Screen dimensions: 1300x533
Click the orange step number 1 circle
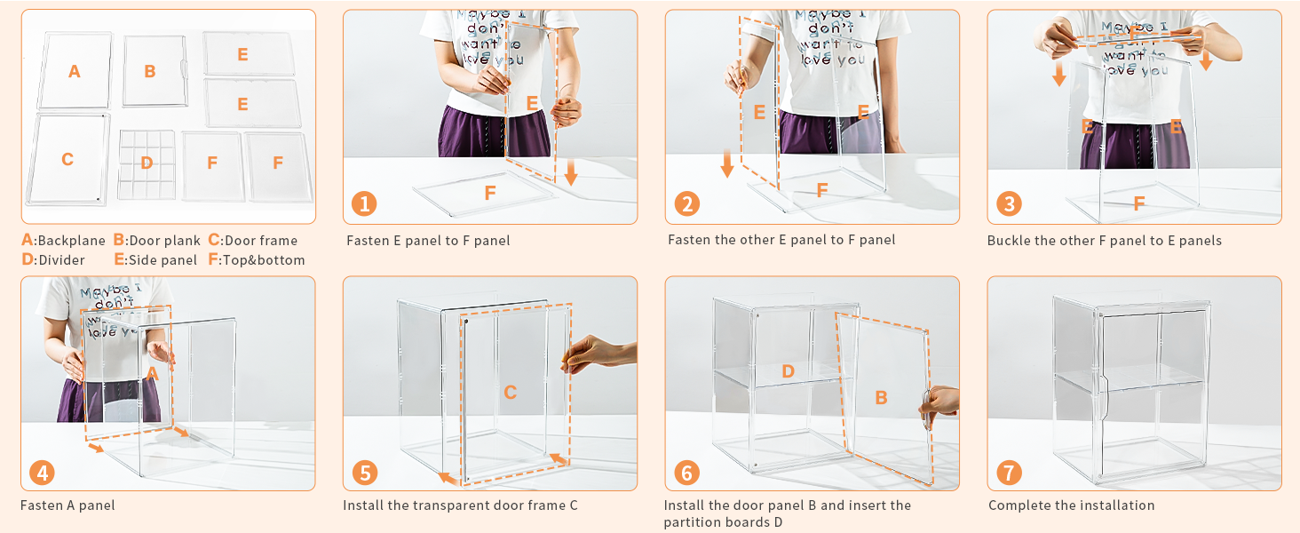click(364, 203)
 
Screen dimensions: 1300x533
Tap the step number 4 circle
click(43, 473)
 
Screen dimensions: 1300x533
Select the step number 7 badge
click(1010, 473)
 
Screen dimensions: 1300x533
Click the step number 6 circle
click(687, 473)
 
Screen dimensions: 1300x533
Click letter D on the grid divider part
click(147, 163)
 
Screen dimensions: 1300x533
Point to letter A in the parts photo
click(75, 71)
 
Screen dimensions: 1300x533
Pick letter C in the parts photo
click(67, 159)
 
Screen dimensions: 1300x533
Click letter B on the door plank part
click(150, 71)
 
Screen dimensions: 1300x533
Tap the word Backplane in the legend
click(72, 241)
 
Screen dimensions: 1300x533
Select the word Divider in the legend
click(61, 260)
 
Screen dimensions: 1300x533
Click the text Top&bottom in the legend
click(264, 260)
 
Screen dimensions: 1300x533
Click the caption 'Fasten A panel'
click(67, 505)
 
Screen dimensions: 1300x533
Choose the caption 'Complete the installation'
click(1071, 505)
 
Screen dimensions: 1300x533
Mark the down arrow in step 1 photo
click(571, 171)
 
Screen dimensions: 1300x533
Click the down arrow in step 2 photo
click(727, 163)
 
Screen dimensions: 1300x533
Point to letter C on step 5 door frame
click(510, 393)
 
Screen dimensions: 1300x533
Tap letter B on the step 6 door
click(881, 398)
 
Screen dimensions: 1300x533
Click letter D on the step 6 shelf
click(788, 371)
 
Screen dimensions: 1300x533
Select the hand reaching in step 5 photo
click(598, 353)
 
